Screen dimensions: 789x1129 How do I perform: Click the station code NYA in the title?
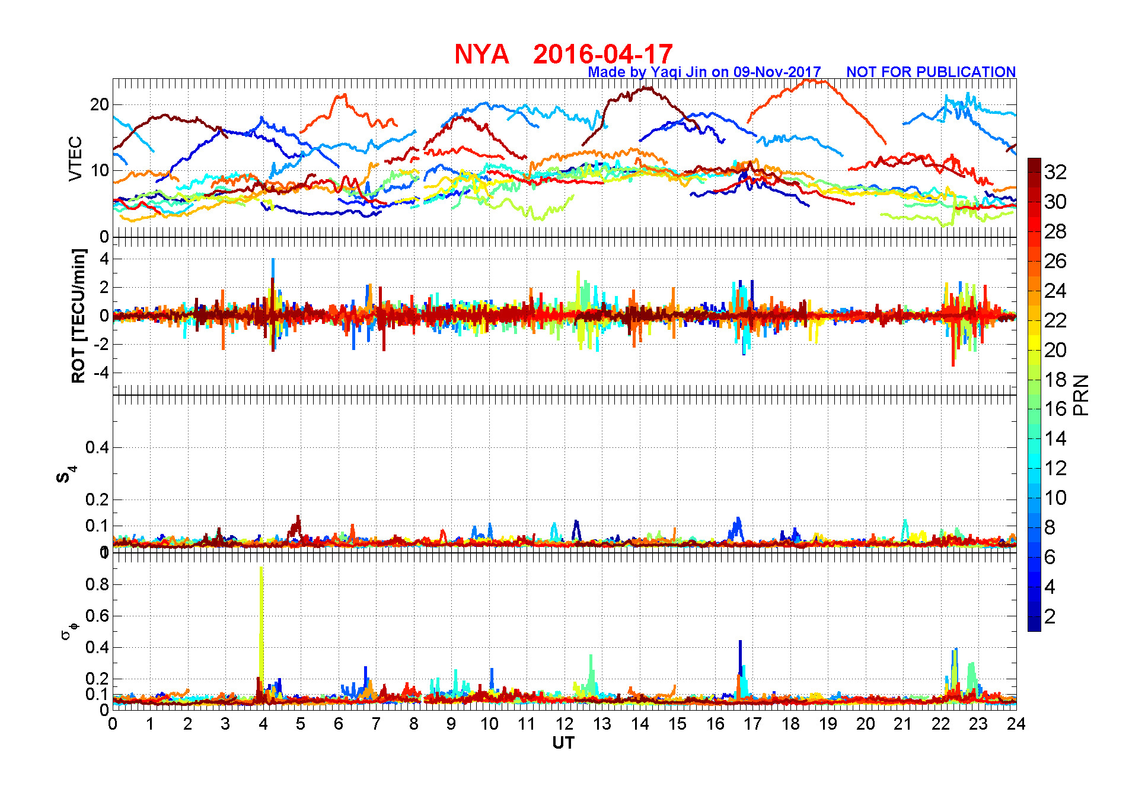pyautogui.click(x=481, y=55)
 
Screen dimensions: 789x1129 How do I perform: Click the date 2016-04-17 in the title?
pyautogui.click(x=602, y=55)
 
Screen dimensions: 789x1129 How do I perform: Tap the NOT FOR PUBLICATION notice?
pyautogui.click(x=930, y=72)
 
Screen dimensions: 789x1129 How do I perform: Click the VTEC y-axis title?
pyautogui.click(x=75, y=158)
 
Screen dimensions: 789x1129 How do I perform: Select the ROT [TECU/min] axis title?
pyautogui.click(x=78, y=316)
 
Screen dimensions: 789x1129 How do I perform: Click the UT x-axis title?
pyautogui.click(x=563, y=743)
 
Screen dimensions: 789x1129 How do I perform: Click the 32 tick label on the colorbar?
pyautogui.click(x=1055, y=172)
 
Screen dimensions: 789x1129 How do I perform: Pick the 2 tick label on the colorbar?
pyautogui.click(x=1050, y=616)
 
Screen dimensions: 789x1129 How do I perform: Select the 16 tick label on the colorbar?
pyautogui.click(x=1055, y=409)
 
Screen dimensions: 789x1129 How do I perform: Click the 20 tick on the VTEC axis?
pyautogui.click(x=99, y=105)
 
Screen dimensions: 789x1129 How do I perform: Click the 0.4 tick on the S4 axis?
pyautogui.click(x=97, y=447)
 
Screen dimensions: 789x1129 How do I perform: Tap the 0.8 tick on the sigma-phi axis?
pyautogui.click(x=97, y=584)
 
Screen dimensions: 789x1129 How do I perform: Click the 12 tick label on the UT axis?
pyautogui.click(x=564, y=724)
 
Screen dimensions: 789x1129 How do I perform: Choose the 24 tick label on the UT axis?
pyautogui.click(x=1016, y=724)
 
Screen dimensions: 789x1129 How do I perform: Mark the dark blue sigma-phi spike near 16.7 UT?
pyautogui.click(x=740, y=658)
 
